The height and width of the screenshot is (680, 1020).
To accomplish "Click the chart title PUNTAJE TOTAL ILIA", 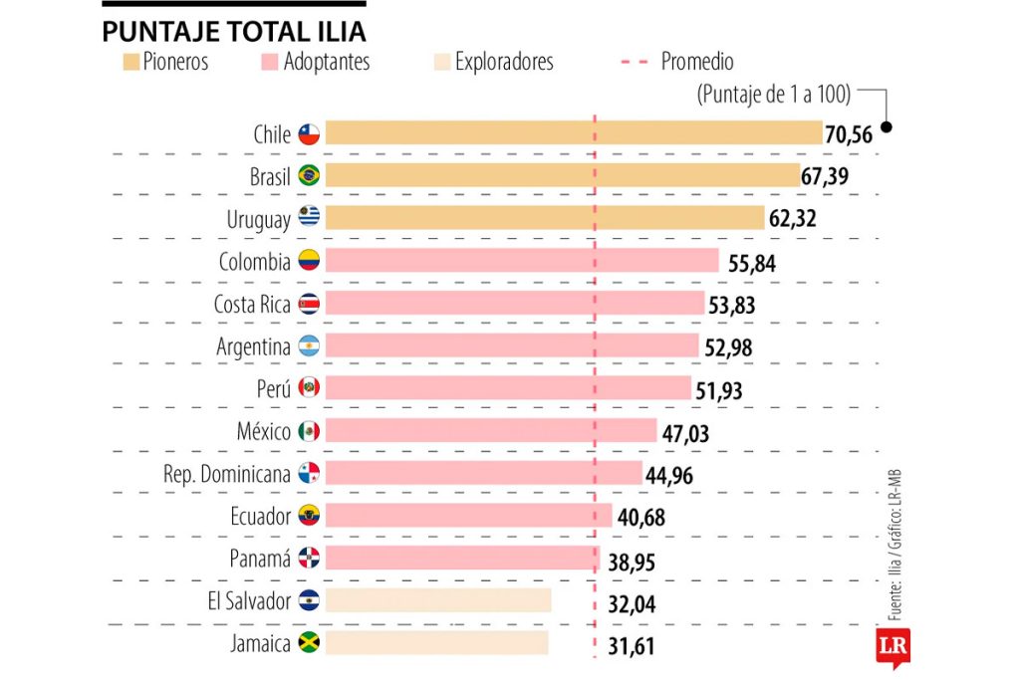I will (233, 31).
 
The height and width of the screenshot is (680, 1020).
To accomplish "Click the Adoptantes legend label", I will (327, 62).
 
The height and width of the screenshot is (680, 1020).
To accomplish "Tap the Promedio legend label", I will (697, 62).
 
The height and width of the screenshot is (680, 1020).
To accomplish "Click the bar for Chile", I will (574, 133).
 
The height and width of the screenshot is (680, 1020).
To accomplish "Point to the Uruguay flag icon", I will (309, 218).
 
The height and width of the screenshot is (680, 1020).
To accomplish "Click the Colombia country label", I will (255, 261).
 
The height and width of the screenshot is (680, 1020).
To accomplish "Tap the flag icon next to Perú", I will (309, 388).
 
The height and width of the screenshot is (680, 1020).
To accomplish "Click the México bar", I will (491, 430).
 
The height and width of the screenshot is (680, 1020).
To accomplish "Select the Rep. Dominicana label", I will (227, 474).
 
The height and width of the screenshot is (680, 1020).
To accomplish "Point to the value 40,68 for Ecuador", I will (640, 518).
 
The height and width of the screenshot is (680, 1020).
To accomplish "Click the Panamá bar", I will (461, 558).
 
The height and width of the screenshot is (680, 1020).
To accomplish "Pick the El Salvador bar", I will (438, 600).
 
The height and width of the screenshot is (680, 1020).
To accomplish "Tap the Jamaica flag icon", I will (309, 643).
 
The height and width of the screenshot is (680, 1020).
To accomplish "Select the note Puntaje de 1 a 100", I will (774, 95).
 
